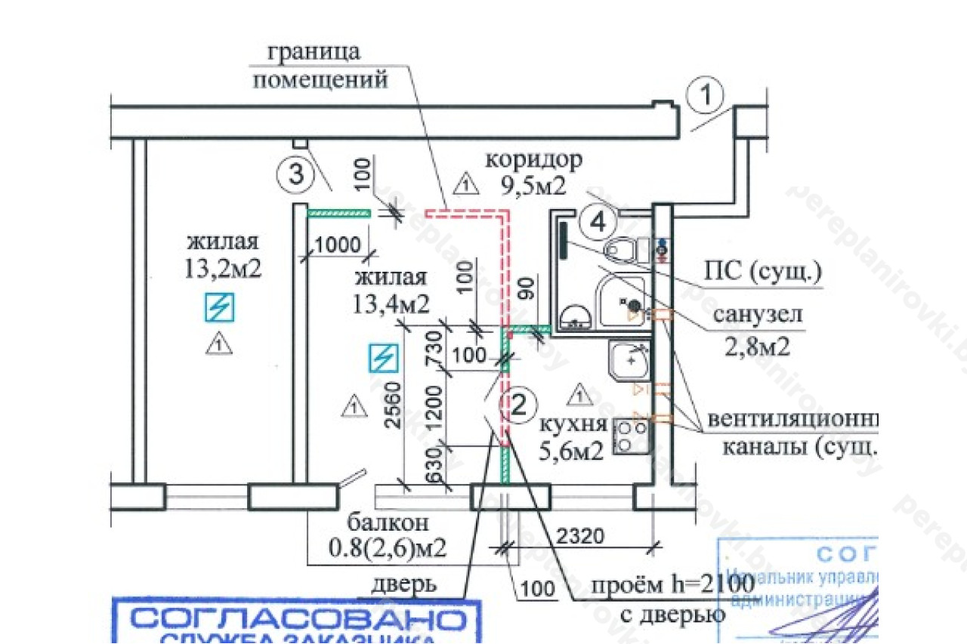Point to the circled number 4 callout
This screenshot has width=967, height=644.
pyautogui.click(x=598, y=222)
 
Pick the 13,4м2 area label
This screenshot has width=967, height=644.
pyautogui.click(x=391, y=304)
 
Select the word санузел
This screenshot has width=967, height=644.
pyautogui.click(x=757, y=315)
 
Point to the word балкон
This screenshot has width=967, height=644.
pyautogui.click(x=388, y=522)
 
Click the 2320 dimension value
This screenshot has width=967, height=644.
pyautogui.click(x=581, y=538)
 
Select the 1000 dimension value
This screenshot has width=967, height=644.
pyautogui.click(x=338, y=245)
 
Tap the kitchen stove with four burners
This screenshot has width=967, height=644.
pyautogui.click(x=633, y=436)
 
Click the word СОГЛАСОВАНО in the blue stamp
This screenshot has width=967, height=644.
pyautogui.click(x=296, y=620)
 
